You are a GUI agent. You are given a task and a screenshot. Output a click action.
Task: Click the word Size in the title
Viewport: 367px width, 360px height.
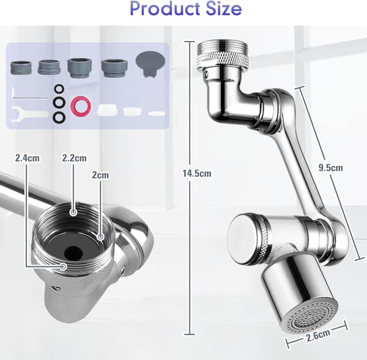pyautogui.click(x=223, y=9)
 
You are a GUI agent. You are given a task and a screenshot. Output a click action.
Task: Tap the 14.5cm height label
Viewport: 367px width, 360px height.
pyautogui.click(x=197, y=173)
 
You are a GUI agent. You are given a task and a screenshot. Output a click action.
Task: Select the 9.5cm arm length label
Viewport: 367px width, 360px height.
pyautogui.click(x=330, y=168)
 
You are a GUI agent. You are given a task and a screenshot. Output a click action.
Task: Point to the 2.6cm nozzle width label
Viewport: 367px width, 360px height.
pyautogui.click(x=317, y=334)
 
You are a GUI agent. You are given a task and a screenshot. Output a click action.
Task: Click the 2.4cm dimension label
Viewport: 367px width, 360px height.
pyautogui.click(x=27, y=158)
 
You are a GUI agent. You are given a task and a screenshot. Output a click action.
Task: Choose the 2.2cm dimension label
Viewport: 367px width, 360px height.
pyautogui.click(x=74, y=158)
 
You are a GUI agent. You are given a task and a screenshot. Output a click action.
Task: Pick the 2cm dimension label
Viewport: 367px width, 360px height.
pyautogui.click(x=100, y=175)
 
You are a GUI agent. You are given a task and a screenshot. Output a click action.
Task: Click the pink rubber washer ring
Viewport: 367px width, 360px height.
pyautogui.click(x=81, y=107)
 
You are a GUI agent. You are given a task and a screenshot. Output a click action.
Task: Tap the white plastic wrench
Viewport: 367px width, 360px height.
pyautogui.click(x=29, y=113)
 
